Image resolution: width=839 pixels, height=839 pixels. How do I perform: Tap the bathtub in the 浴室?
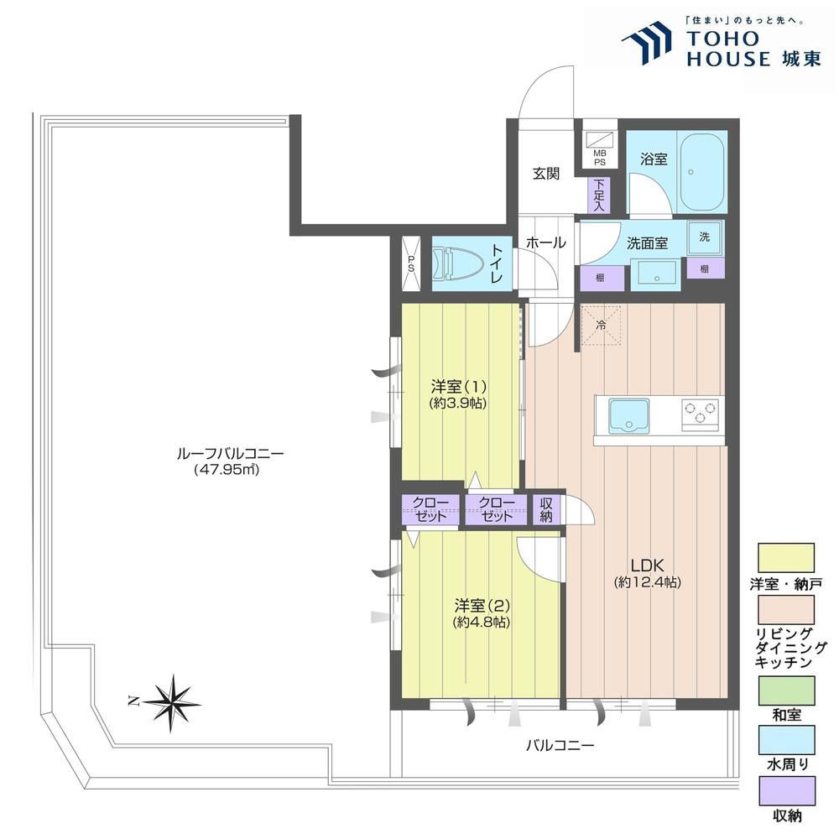tap(701, 173)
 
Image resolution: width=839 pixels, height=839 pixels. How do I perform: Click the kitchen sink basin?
tap(628, 416)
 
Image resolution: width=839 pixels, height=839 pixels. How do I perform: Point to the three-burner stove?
tap(700, 414)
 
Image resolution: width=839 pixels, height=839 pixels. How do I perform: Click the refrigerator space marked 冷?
tap(601, 324)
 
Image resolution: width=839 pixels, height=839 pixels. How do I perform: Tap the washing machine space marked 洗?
tap(705, 237)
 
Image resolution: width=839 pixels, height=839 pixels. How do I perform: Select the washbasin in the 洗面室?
tap(656, 274)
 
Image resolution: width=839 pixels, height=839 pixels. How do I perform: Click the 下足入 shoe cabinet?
tap(599, 195)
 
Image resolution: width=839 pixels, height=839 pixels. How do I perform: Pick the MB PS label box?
tap(599, 158)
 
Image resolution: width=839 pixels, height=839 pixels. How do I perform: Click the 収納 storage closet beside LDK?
tap(546, 509)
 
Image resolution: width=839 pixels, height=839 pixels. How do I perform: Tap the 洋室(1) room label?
tap(459, 386)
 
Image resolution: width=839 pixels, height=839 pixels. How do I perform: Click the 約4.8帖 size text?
tap(481, 623)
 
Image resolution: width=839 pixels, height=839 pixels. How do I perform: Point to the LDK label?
tap(647, 565)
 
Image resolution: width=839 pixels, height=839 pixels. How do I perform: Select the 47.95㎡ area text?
tap(227, 470)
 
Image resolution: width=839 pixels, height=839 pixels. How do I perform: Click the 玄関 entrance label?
tap(546, 174)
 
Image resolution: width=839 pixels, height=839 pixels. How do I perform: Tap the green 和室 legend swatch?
tap(786, 690)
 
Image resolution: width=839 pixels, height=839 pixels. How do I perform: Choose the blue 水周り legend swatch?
tap(786, 739)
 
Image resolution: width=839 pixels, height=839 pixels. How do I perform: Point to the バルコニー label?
tap(560, 745)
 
